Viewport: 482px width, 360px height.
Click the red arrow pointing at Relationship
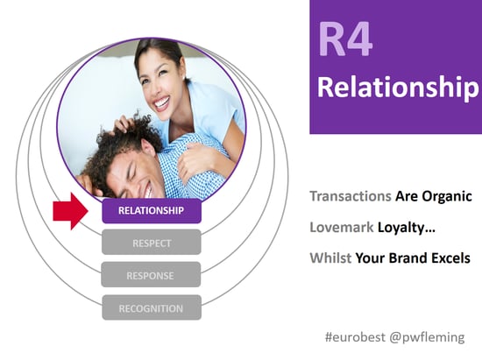70,211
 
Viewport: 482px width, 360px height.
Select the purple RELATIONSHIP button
152,211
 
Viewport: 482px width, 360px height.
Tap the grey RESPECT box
152,243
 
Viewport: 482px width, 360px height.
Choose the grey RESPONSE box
151,275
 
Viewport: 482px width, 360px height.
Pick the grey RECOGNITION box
152,307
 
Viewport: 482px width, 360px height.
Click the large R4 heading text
345,39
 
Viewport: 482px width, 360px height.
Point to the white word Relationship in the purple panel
398,87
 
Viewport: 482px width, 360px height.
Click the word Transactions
351,196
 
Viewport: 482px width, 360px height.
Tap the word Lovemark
342,228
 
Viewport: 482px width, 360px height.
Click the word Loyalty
406,228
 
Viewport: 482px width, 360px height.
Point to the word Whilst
330,258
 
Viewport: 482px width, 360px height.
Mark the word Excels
451,258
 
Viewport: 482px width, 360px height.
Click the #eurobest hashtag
355,337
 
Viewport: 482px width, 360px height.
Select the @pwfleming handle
427,337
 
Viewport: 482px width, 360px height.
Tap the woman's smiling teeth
162,102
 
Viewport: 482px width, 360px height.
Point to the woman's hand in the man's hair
125,123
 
